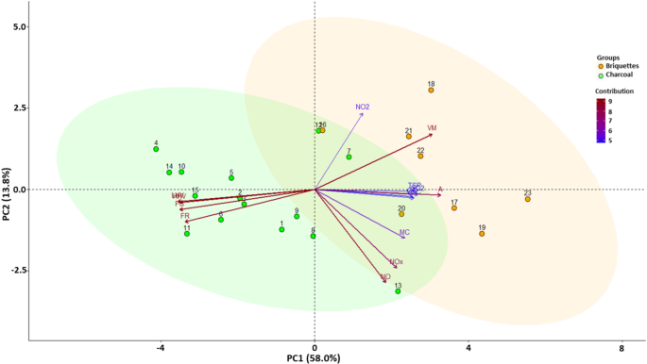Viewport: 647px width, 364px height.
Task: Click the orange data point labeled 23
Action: click(528, 199)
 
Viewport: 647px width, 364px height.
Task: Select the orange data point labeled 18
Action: click(431, 90)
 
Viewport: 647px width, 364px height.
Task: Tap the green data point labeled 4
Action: click(156, 149)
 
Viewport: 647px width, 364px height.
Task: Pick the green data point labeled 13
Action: click(399, 291)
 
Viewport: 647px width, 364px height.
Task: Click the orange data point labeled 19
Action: click(482, 234)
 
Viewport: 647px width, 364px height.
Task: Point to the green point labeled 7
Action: click(349, 157)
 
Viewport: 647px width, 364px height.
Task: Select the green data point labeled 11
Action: click(187, 234)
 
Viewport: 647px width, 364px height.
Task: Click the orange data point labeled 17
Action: click(454, 208)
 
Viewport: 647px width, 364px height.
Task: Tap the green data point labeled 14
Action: click(169, 173)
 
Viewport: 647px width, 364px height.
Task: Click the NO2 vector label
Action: click(363, 108)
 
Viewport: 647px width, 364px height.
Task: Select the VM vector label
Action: click(432, 128)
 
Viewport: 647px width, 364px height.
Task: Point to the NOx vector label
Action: click(397, 261)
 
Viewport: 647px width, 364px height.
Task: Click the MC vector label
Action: click(404, 231)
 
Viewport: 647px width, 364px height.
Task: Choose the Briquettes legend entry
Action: click(620, 66)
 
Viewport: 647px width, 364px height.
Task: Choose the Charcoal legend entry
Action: click(618, 75)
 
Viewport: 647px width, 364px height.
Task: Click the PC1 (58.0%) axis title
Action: click(314, 357)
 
